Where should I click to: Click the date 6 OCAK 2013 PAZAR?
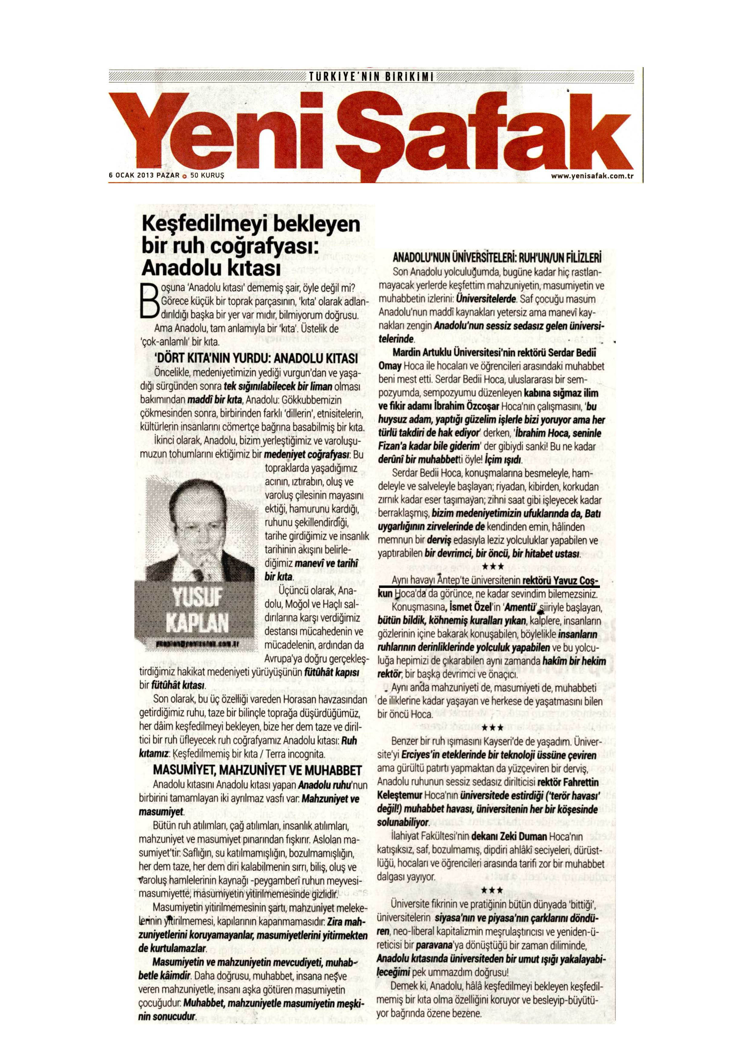tap(143, 176)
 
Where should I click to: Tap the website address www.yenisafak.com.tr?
tap(591, 176)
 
